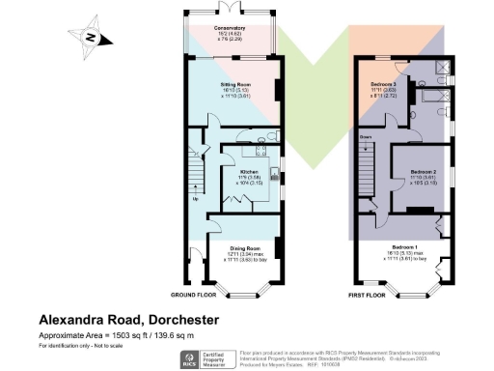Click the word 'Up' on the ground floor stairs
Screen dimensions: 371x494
pos(198,200)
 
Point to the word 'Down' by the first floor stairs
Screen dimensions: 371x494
pos(366,137)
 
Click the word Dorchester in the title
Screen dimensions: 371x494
pos(179,319)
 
